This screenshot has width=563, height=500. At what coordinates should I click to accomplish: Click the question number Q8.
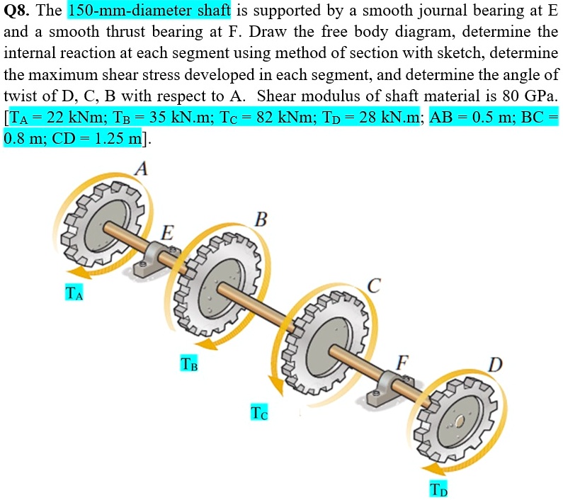17,11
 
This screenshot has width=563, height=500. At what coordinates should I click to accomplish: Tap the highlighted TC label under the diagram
259,411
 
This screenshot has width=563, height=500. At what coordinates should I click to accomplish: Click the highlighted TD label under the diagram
439,489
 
